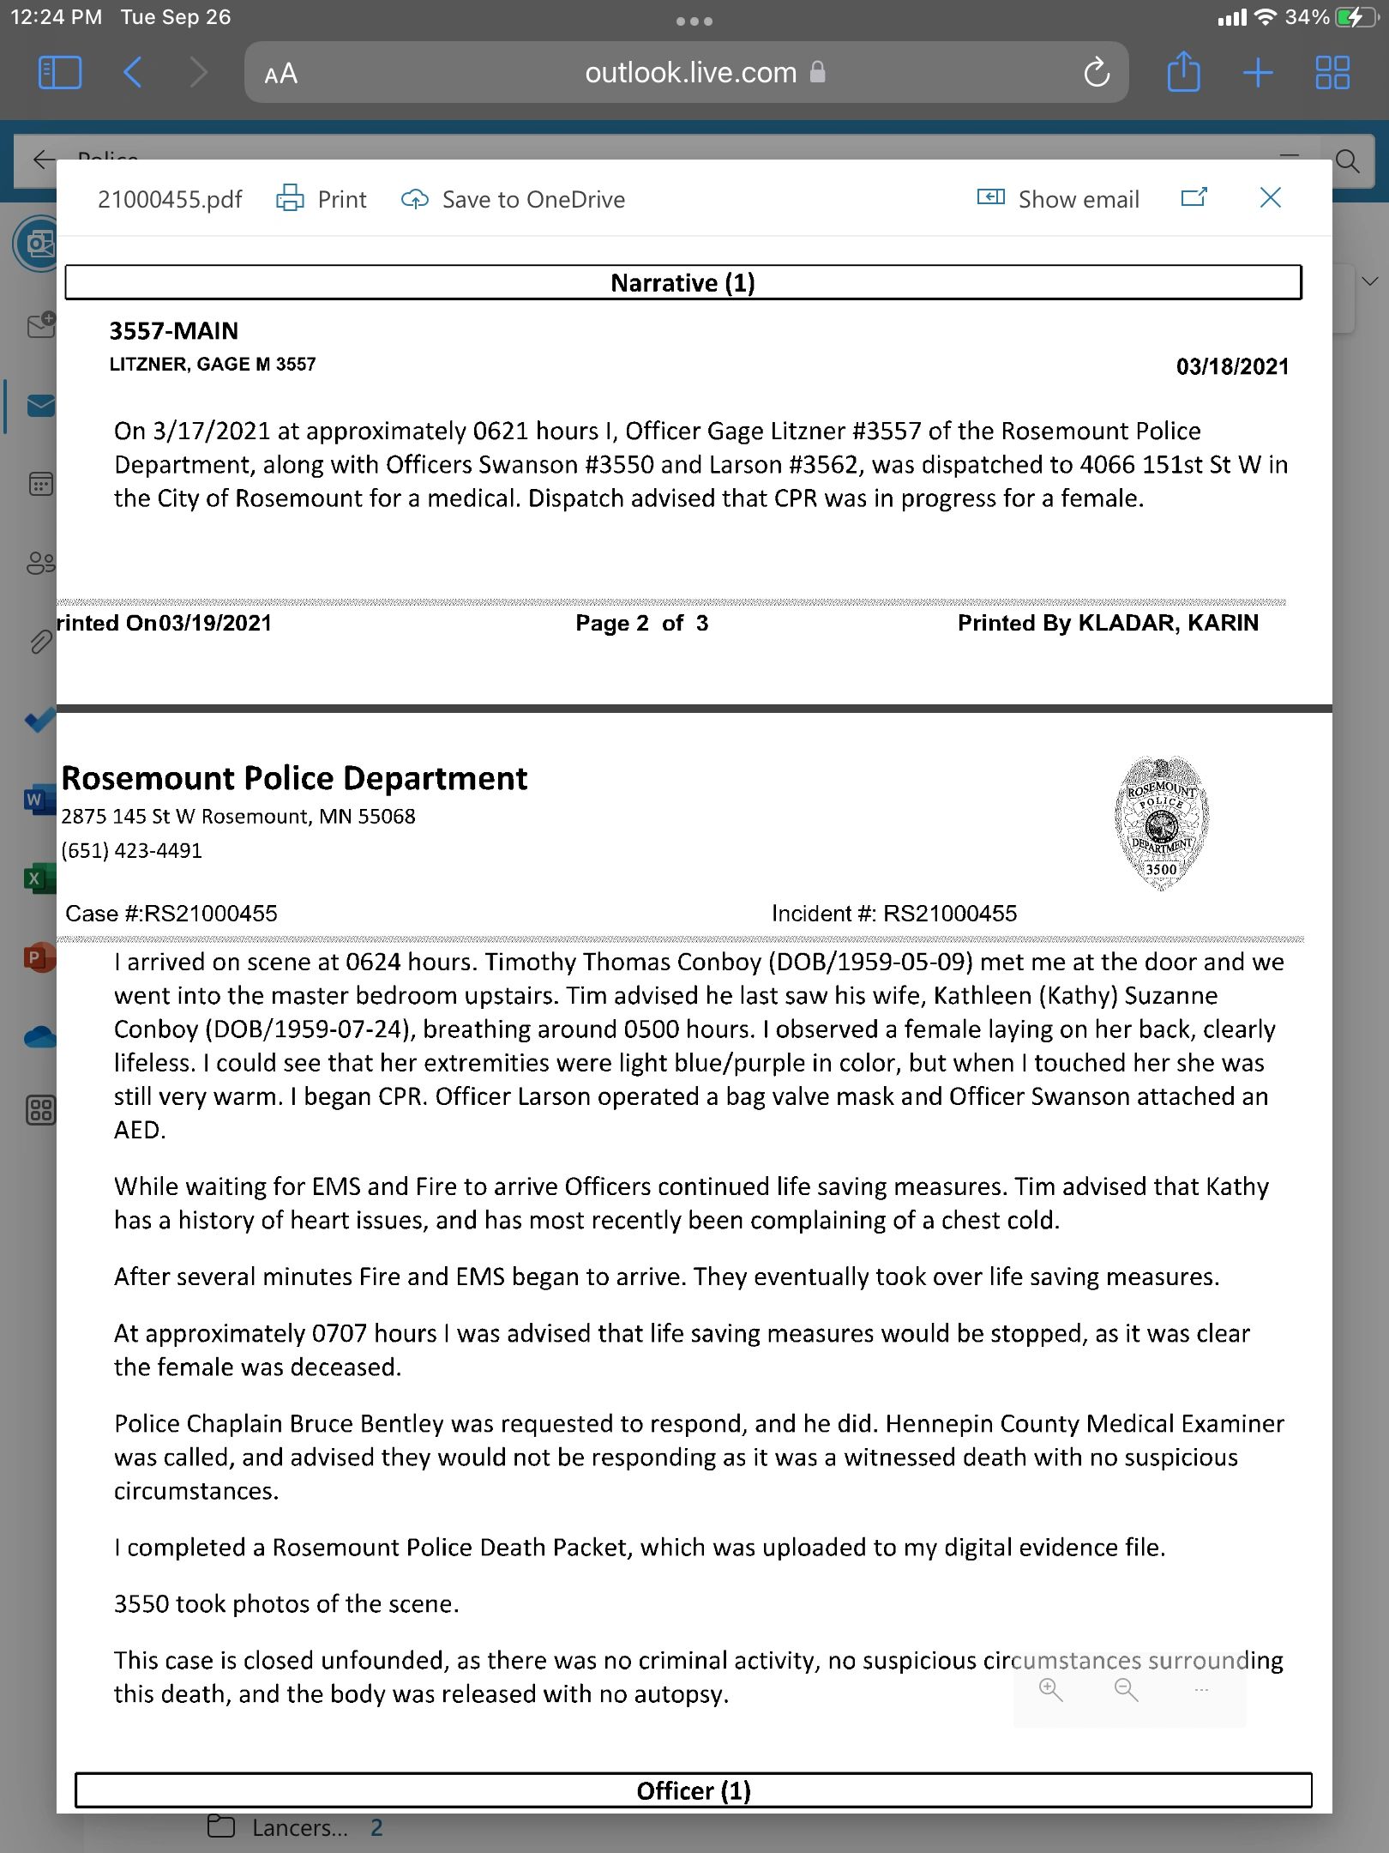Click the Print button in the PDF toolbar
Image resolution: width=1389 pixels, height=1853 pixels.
point(322,199)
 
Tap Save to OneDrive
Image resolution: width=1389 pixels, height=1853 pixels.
point(514,199)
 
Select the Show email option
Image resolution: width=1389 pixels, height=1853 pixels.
point(1058,199)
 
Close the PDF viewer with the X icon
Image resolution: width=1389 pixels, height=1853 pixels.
point(1270,198)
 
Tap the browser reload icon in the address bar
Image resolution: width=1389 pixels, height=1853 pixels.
point(1097,73)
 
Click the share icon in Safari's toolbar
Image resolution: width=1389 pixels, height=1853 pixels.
point(1183,72)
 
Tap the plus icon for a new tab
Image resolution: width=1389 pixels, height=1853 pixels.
point(1257,73)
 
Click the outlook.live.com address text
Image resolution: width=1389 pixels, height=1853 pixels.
point(691,73)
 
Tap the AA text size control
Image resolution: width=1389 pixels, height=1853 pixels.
point(280,74)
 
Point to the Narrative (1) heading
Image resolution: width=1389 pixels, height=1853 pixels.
point(682,283)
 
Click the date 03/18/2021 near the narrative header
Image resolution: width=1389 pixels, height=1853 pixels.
point(1232,367)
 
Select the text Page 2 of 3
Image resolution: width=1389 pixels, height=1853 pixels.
point(641,624)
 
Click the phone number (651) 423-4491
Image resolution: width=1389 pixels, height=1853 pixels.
point(132,851)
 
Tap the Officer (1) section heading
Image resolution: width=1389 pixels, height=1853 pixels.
point(693,1790)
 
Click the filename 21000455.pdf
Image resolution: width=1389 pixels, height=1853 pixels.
point(170,200)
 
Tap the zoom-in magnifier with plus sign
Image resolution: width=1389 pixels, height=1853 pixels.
point(1050,1690)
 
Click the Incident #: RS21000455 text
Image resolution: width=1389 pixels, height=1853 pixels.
point(894,914)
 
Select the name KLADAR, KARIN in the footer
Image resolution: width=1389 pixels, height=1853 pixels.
point(1168,624)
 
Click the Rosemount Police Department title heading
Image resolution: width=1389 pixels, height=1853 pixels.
point(294,778)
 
